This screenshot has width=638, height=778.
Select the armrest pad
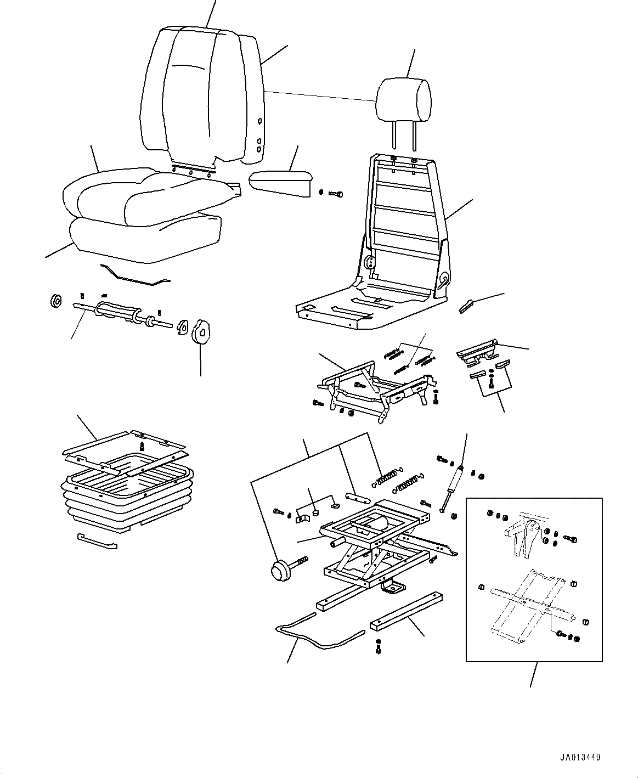pos(280,182)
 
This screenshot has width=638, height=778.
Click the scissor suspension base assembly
pos(373,543)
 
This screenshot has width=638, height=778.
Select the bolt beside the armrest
pos(335,193)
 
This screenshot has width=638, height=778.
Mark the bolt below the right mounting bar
pos(378,647)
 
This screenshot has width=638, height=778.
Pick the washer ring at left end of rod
pos(55,301)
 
